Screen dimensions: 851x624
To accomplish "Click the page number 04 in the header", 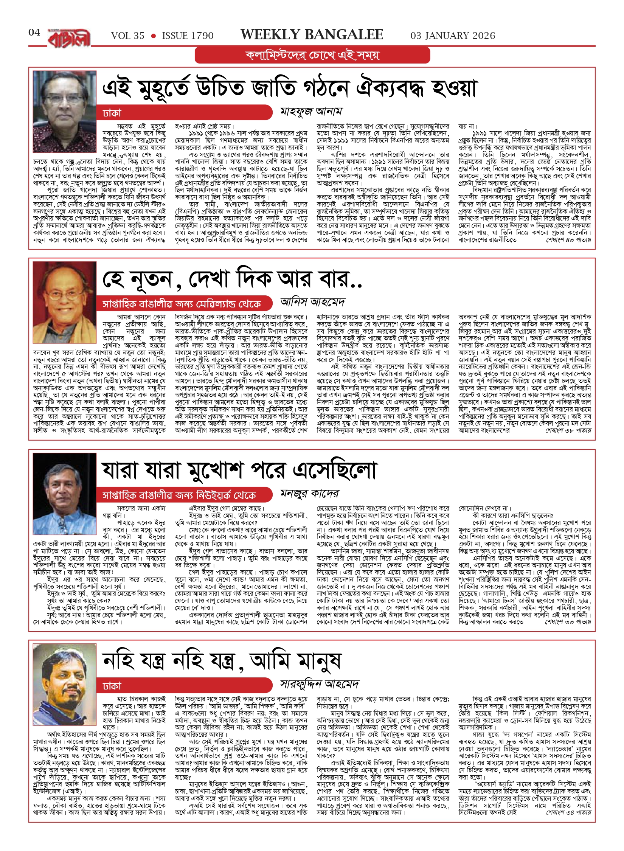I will pos(34,33).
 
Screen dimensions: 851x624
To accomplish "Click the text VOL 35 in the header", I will pos(128,36).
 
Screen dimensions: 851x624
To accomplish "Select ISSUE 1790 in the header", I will pos(188,36).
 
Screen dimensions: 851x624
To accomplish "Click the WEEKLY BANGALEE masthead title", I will pos(312,35).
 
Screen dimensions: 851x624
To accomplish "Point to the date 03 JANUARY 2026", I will pos(453,36).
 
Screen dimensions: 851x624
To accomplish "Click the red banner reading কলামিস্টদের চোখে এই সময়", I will pos(312,55).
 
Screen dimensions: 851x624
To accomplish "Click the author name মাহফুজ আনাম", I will pos(311,112).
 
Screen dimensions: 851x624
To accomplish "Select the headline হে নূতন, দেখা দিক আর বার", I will pos(232,279).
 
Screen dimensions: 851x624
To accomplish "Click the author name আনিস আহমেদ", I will pos(313,302).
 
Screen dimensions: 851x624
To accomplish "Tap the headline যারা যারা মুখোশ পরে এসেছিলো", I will pos(239,471).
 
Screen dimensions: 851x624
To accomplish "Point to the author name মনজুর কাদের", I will pos(310,494).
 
